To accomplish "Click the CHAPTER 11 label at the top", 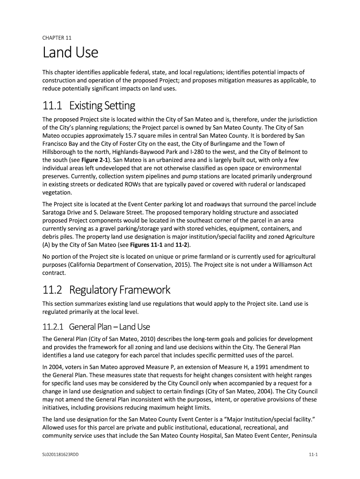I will coord(57,37).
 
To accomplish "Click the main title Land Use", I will coord(71,52).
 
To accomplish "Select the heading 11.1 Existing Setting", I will coord(89,106).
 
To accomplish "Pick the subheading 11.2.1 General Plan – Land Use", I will coord(96,327).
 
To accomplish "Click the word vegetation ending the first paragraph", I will coord(57,192).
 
